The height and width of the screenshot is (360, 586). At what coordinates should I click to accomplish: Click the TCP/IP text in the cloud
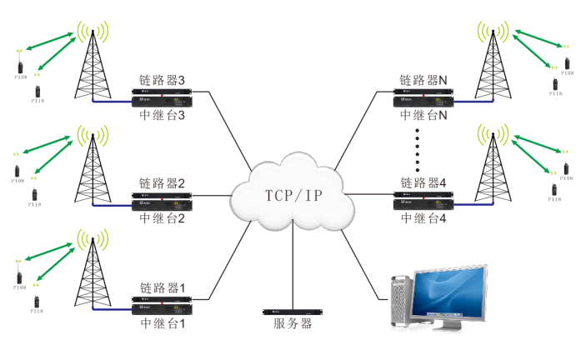[293, 197]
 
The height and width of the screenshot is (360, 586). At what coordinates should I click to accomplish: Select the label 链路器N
[423, 81]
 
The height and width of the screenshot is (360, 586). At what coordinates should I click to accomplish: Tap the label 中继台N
[423, 116]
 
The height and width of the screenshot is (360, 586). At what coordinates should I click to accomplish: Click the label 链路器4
[423, 182]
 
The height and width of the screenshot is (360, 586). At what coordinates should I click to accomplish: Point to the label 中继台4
[423, 218]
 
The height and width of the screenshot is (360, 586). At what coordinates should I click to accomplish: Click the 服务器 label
[293, 324]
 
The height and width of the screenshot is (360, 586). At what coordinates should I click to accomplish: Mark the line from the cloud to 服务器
[293, 267]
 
